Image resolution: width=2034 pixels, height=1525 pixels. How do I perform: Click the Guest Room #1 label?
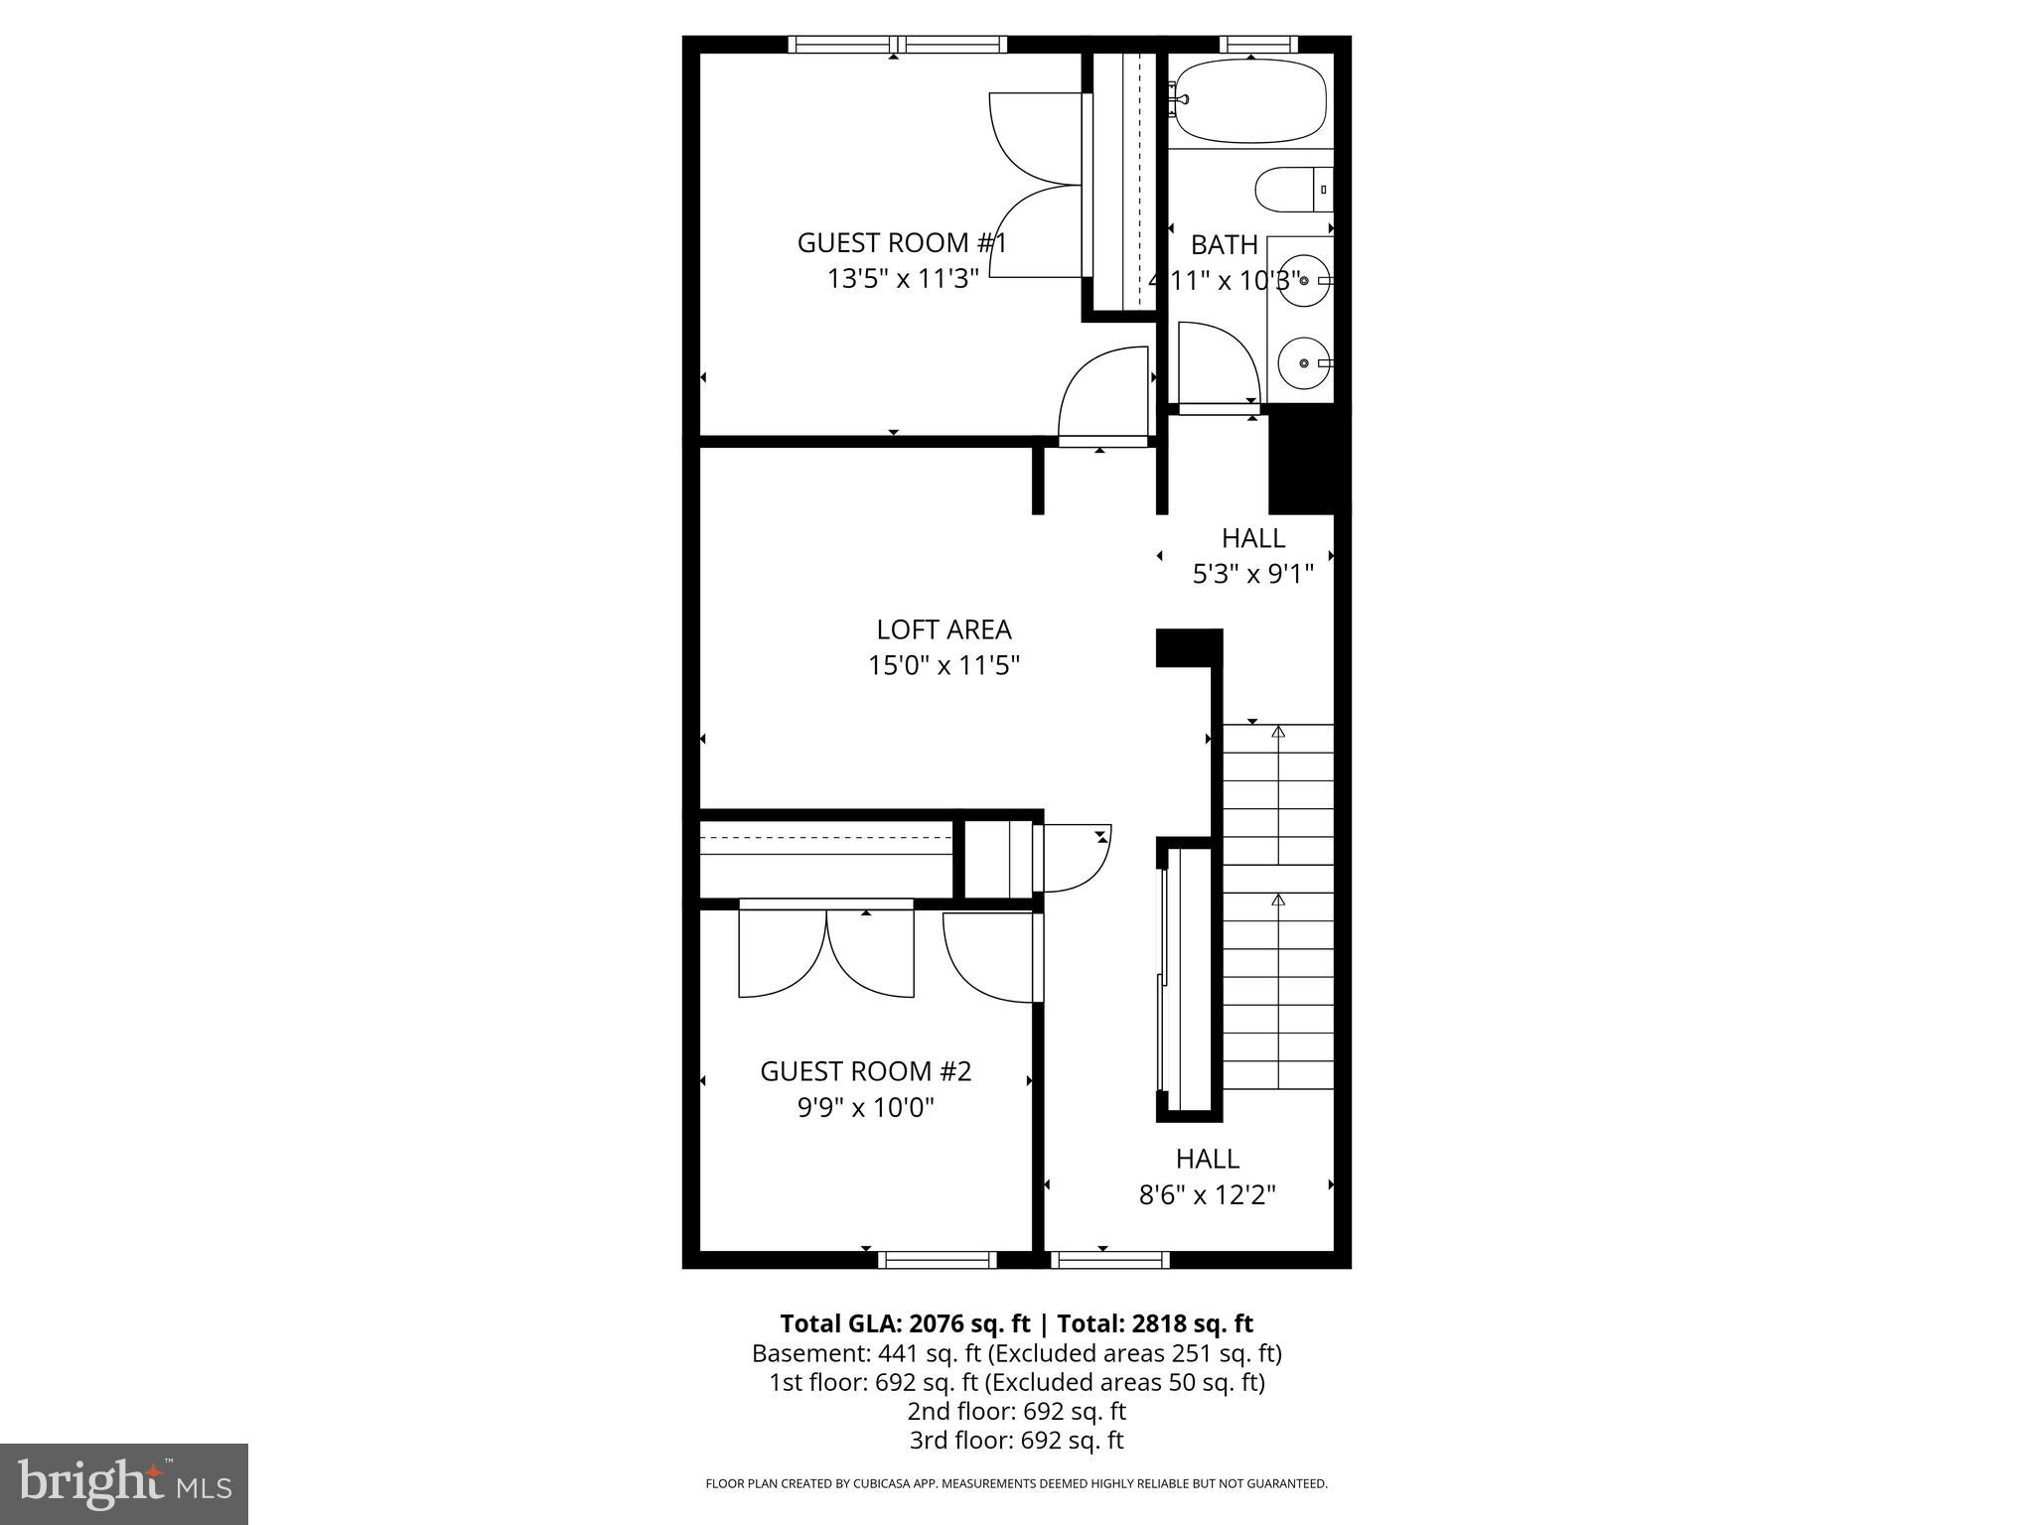(902, 243)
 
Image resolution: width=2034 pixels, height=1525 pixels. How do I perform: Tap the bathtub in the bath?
(1249, 102)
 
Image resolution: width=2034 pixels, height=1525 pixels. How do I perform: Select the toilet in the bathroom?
(1291, 190)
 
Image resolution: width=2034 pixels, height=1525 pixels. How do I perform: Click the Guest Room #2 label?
(865, 1071)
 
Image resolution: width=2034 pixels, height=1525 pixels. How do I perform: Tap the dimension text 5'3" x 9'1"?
(1252, 574)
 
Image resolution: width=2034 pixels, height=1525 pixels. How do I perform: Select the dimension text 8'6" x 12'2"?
(1207, 1194)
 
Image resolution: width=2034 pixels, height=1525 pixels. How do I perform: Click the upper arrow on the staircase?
(1278, 733)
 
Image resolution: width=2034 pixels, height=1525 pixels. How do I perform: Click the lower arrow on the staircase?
(1278, 901)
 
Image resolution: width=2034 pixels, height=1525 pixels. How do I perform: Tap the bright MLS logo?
(124, 1483)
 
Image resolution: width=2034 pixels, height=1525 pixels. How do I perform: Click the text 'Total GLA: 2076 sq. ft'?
(905, 1323)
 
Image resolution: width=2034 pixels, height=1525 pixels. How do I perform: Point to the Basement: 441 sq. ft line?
(1016, 1353)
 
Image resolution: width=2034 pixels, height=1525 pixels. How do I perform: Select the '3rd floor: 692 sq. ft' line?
(1016, 1440)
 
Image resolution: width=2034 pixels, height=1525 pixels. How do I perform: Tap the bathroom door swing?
(1218, 362)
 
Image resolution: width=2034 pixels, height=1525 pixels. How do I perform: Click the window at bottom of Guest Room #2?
(937, 1260)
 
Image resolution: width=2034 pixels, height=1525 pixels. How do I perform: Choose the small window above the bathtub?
(1257, 44)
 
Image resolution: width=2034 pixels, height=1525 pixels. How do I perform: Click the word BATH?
(1224, 245)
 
